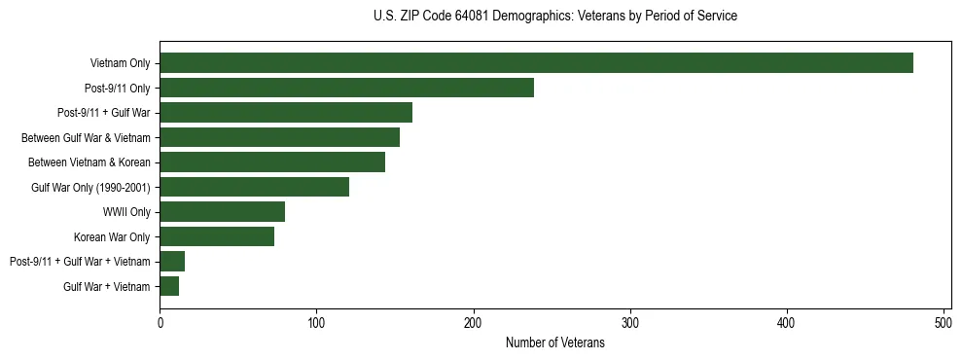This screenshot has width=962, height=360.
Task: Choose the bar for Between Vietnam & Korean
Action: point(272,162)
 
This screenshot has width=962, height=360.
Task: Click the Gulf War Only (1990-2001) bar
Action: point(254,187)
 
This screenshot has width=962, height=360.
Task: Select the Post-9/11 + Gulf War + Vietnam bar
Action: point(172,261)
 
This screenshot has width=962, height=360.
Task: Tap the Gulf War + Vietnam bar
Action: point(169,286)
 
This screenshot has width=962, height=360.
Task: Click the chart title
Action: point(555,17)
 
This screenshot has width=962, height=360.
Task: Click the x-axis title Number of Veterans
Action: point(555,342)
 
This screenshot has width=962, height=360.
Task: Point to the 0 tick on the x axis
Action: point(160,322)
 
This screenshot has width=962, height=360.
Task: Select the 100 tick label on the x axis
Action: point(317,322)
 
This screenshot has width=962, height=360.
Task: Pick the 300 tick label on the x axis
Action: point(630,322)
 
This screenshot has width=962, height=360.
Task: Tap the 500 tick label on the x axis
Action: point(944,322)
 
